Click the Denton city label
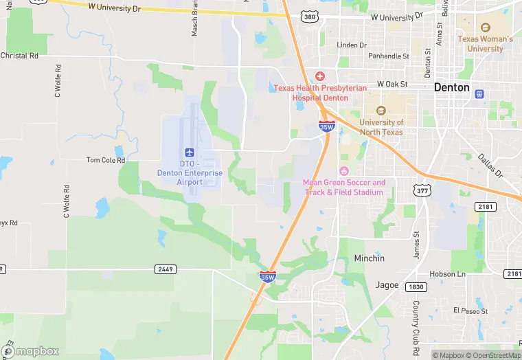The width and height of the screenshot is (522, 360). coord(452,88)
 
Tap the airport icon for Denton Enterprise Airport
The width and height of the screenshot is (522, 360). coord(189,151)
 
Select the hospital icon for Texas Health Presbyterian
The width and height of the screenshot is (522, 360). coord(319,76)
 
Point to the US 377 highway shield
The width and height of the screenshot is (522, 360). coord(421,190)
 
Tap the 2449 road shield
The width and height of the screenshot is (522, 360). coord(163,269)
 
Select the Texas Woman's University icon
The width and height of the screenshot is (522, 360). coord(486,27)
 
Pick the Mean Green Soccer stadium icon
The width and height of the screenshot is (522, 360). coord(344,170)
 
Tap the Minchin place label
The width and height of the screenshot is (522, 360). coord(369,258)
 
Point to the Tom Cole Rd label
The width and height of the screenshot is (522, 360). coord(106,160)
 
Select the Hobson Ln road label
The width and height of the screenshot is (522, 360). coord(448,274)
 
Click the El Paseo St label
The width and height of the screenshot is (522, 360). coord(470,311)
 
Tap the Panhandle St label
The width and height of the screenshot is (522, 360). coord(388,56)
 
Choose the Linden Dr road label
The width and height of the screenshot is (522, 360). coord(352,45)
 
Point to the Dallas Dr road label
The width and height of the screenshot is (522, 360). coord(491,166)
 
